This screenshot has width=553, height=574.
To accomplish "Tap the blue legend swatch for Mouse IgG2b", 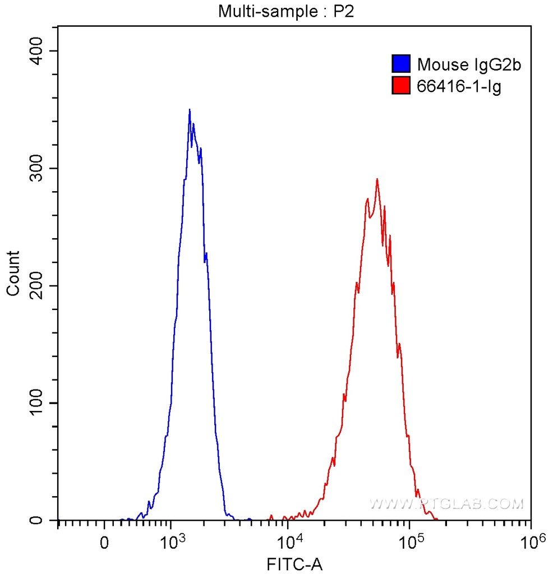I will coord(401,64).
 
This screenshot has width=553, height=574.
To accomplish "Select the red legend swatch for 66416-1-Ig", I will coord(401,86).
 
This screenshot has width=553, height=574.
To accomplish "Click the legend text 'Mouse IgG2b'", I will coord(469,64).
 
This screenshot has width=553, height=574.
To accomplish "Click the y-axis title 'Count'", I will coord(13,273).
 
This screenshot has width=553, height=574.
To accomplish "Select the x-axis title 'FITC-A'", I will coord(294,563).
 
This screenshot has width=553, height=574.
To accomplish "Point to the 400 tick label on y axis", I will coord(38,51).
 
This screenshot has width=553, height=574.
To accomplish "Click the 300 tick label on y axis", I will coord(38,169).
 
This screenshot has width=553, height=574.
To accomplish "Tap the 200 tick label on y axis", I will coord(38,286).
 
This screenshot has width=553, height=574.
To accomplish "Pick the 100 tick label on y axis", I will coord(38,403).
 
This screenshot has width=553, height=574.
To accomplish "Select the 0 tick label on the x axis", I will coord(104,543).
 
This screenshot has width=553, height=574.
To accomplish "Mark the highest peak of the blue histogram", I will coord(190,110).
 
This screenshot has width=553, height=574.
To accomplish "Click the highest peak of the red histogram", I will coord(377,179).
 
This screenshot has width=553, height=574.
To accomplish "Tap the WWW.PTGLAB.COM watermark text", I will coord(446,504).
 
